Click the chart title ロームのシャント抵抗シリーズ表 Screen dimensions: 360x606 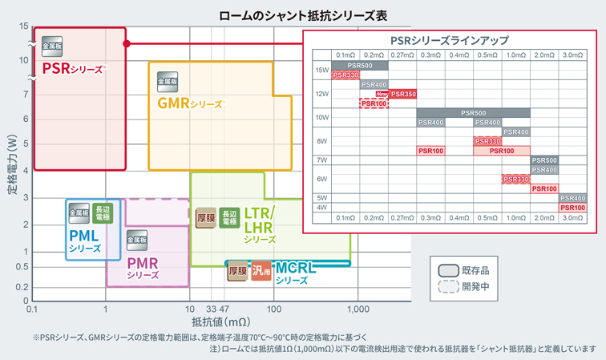[304, 14]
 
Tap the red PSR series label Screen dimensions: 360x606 [73, 68]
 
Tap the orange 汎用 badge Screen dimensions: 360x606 [261, 271]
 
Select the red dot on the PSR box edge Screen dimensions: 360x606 [126, 43]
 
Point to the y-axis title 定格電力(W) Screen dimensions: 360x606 [12, 169]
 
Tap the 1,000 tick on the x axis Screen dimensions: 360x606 [358, 309]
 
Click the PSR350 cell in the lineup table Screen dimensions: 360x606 [402, 94]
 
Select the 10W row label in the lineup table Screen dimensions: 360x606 [321, 117]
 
